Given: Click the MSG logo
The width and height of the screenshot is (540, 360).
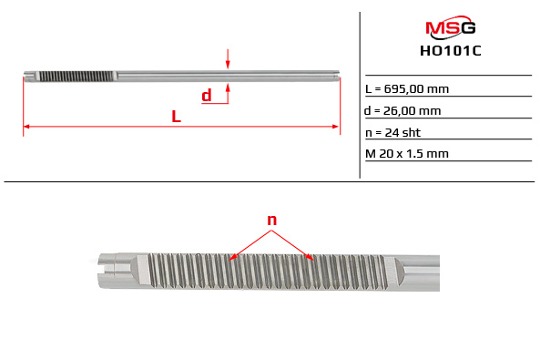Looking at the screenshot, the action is (x=451, y=27).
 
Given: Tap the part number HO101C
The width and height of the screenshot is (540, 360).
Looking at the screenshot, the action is (x=451, y=51).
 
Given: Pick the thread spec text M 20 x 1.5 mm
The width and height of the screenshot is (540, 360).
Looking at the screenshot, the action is (x=407, y=153).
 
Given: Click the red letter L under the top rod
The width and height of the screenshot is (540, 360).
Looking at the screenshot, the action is (x=177, y=117).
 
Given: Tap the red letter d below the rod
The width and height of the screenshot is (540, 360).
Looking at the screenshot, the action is (x=207, y=95).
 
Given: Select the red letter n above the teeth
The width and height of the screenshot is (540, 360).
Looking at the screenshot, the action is (x=272, y=220).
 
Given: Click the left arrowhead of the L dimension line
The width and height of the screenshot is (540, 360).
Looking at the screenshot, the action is (x=26, y=127).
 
